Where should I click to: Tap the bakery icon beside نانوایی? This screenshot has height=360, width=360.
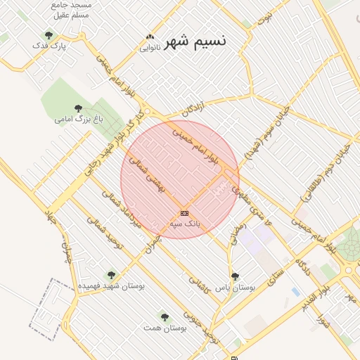(x=149, y=37)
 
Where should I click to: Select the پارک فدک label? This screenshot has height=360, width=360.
(x=49, y=46)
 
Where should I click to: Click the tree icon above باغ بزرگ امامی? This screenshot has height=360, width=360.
(x=78, y=108)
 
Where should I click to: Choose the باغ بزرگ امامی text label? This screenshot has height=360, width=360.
(x=79, y=120)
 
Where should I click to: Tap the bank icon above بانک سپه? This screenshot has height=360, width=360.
(x=184, y=212)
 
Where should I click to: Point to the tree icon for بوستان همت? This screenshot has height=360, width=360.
(x=165, y=317)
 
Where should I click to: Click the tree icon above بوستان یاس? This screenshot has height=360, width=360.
(x=235, y=276)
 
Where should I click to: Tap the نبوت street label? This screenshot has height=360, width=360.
(x=264, y=18)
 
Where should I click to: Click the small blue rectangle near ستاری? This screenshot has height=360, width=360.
(x=295, y=291)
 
